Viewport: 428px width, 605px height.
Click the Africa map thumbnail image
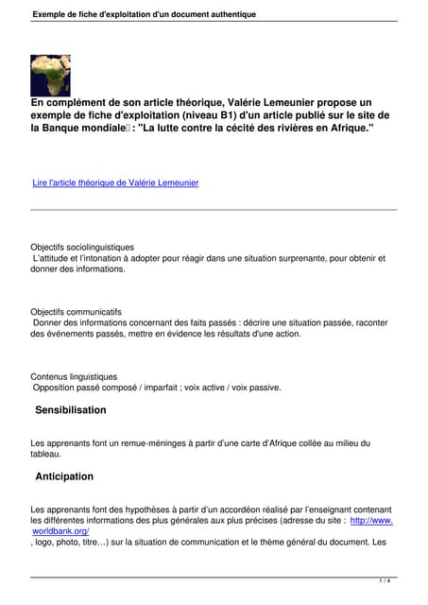50,75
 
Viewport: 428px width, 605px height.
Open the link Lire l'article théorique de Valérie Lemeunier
115,182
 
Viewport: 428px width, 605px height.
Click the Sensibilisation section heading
71,410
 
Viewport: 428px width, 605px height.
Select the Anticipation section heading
64,476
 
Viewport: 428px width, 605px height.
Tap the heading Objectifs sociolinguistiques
82,248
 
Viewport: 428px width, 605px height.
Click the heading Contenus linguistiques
74,376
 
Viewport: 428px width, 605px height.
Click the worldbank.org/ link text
67,531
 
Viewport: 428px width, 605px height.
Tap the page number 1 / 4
385,580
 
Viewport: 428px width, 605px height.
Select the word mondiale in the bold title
112,128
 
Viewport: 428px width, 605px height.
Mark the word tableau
46,455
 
